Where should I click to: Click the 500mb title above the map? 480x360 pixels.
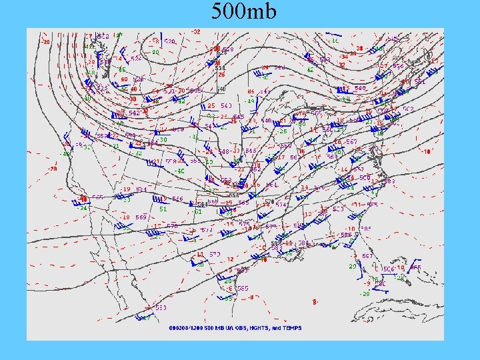pos(243,12)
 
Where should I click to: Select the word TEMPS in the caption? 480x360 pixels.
pos(291,328)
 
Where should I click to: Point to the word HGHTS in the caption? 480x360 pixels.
pos(258,328)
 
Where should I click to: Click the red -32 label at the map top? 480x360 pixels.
pos(195,32)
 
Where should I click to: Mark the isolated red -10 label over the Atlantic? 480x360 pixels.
pos(427,151)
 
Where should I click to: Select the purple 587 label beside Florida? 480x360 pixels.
pos(367,256)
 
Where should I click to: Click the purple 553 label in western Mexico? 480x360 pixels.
pos(161,307)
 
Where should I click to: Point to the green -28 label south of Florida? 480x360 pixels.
pos(365,293)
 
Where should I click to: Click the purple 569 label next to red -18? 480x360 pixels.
pos(141,217)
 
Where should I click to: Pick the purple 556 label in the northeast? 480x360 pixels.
pos(397,66)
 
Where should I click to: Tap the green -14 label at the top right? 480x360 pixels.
pos(334,40)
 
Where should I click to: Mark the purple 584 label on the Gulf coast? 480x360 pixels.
pos(303,243)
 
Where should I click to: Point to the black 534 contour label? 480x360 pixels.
pos(219,67)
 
